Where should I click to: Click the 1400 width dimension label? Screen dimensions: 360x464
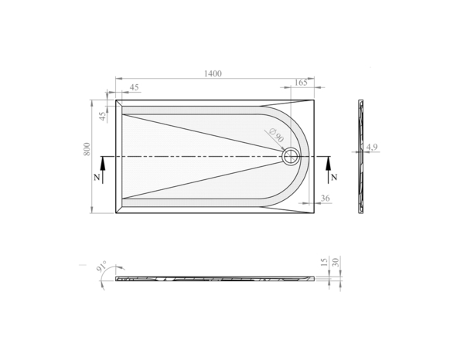(x=213, y=73)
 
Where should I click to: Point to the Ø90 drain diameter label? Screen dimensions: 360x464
(x=274, y=135)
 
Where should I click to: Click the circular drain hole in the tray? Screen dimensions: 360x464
(x=290, y=157)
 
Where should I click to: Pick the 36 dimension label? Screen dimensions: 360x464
(x=325, y=199)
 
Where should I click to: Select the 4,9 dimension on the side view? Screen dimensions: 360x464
(x=372, y=147)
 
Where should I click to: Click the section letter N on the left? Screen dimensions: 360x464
(x=96, y=178)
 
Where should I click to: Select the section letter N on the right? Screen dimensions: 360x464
(x=333, y=178)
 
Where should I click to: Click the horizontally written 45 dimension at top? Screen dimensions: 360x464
(x=135, y=88)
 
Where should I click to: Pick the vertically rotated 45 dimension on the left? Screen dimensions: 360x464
(x=101, y=116)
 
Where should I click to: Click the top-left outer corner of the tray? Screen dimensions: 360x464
(x=116, y=100)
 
